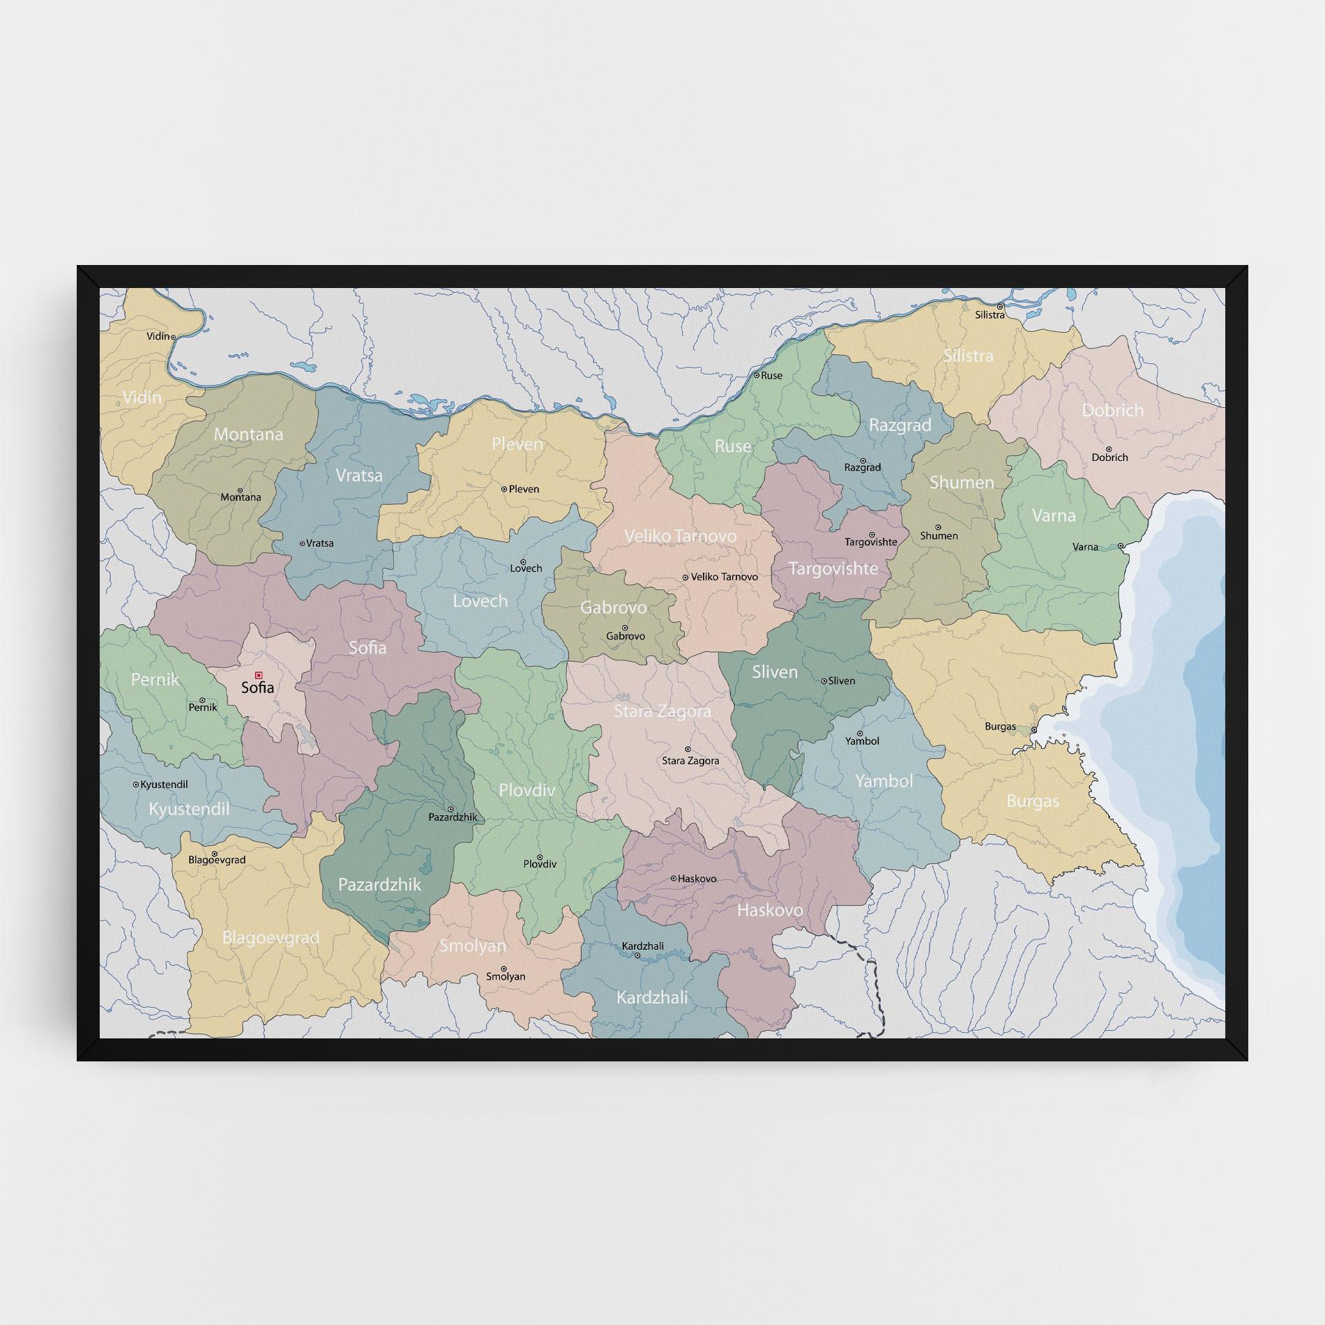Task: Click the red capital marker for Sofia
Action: click(x=259, y=675)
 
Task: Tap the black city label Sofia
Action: click(x=257, y=688)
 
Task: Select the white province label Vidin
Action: click(x=142, y=397)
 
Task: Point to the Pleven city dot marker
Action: click(x=504, y=489)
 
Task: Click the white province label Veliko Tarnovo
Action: click(x=680, y=536)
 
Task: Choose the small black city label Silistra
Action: click(x=990, y=315)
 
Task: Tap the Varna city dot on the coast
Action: click(x=1121, y=546)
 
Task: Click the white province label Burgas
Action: click(x=1032, y=801)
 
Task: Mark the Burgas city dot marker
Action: click(x=1034, y=730)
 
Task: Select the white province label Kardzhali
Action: click(x=652, y=997)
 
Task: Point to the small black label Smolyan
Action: click(x=506, y=977)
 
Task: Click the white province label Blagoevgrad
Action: click(x=271, y=937)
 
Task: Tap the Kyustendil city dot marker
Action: click(x=136, y=785)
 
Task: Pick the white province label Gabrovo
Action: click(x=614, y=607)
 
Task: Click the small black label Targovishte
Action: click(x=870, y=542)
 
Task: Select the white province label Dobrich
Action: click(x=1112, y=410)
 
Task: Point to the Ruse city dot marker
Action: click(x=756, y=375)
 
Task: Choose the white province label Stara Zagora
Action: click(x=662, y=711)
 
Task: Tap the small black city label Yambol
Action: click(x=862, y=741)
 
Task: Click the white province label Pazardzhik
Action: click(x=379, y=885)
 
